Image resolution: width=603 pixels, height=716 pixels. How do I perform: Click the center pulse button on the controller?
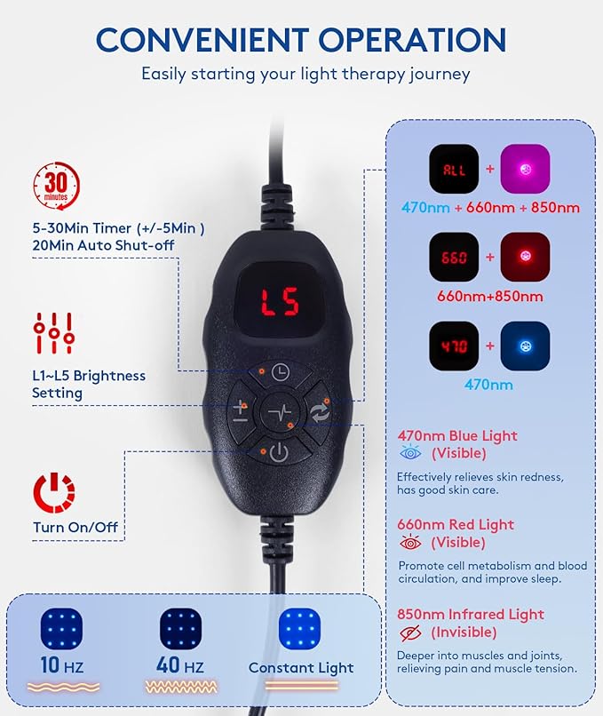coord(280,413)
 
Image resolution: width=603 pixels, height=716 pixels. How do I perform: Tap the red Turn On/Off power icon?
coord(54,492)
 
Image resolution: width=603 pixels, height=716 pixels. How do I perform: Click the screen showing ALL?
coord(455,169)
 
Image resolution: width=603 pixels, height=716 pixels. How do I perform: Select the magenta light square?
coord(525,169)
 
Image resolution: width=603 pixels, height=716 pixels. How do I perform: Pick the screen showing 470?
coord(455,346)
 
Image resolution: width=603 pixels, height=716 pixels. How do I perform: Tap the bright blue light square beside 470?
coord(525,346)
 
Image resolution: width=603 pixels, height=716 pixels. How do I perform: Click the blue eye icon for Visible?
coord(410,452)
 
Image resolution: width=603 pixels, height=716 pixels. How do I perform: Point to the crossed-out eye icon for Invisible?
coord(410,632)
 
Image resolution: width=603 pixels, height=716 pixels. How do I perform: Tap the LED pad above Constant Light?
coord(302,630)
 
